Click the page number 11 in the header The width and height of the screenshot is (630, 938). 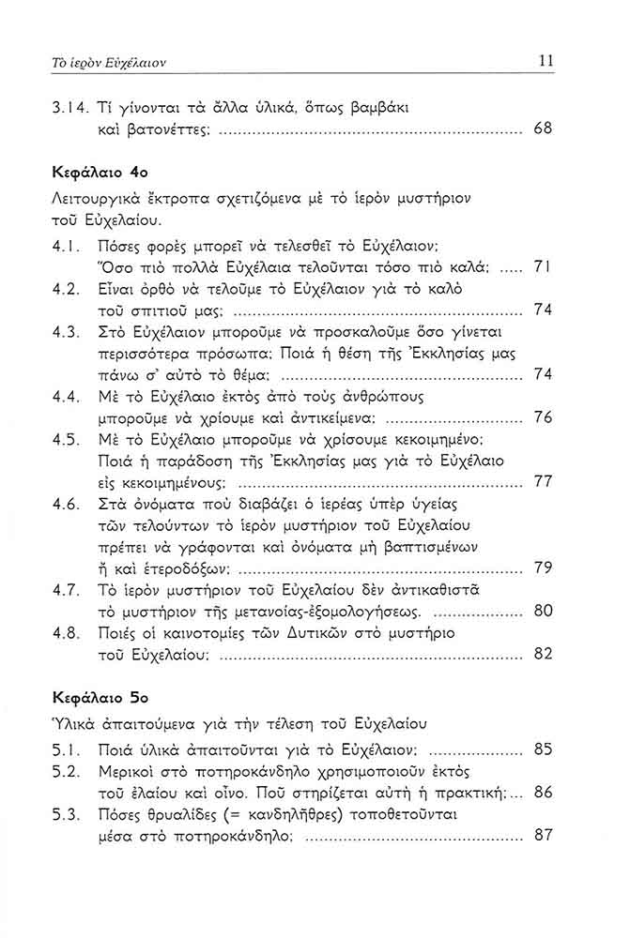pos(546,61)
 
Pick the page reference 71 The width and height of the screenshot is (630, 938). pos(543,266)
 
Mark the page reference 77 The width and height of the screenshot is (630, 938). pos(543,482)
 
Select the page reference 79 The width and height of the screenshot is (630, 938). pos(543,567)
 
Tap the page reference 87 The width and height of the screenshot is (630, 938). pos(543,835)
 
